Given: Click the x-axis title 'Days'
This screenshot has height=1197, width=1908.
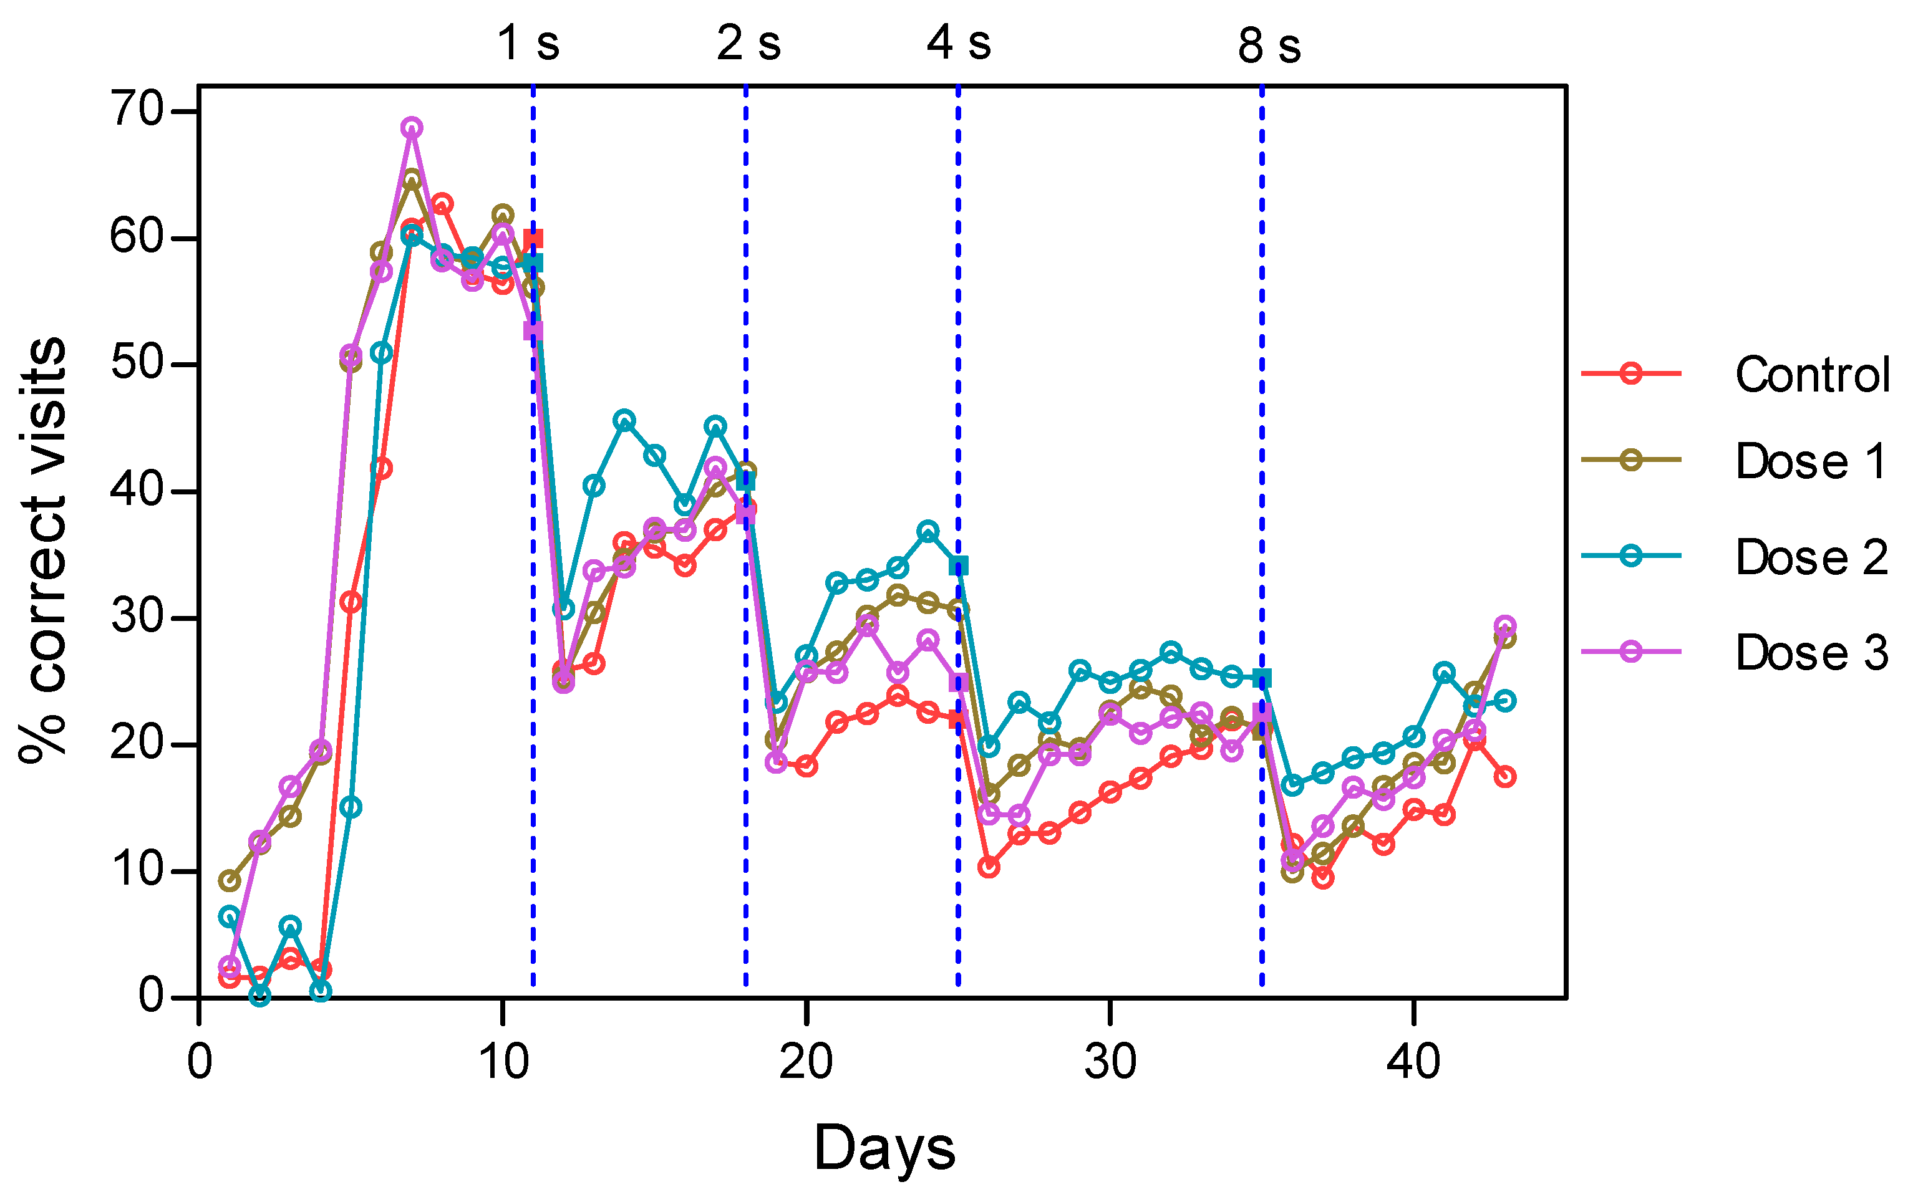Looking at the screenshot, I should (884, 1148).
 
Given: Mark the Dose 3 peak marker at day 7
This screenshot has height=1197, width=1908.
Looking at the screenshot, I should (411, 127).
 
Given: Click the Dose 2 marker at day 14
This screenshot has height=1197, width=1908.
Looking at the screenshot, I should (624, 420).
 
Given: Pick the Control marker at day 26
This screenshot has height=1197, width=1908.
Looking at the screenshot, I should (989, 868).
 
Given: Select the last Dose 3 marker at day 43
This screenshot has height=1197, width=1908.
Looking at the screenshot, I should (1505, 625).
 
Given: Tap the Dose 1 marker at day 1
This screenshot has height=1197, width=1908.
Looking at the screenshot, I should (229, 880).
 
